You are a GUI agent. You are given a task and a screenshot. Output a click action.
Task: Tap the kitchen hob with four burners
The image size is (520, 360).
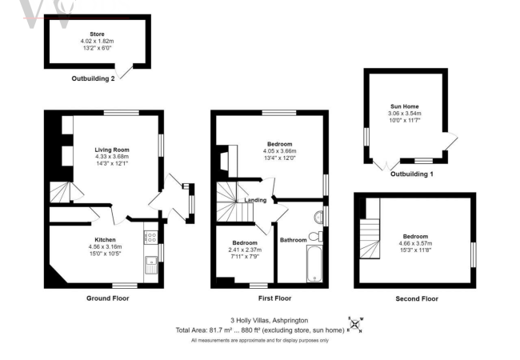[150, 236]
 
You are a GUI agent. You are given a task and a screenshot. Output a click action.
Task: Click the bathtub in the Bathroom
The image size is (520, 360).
[313, 264]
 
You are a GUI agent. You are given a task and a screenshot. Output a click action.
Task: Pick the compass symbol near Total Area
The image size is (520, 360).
[354, 324]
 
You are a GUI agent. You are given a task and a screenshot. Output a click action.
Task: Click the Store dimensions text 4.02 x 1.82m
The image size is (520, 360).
[97, 41]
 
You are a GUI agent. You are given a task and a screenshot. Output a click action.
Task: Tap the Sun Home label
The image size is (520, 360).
[404, 106]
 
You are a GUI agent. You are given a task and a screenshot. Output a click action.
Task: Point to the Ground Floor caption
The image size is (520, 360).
[107, 298]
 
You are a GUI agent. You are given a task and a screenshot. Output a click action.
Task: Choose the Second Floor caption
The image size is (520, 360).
[417, 298]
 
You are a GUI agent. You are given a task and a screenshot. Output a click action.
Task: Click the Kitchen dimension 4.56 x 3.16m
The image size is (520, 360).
[106, 246]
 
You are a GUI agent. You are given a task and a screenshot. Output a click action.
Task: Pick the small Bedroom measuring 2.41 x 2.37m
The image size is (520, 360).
[245, 249]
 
